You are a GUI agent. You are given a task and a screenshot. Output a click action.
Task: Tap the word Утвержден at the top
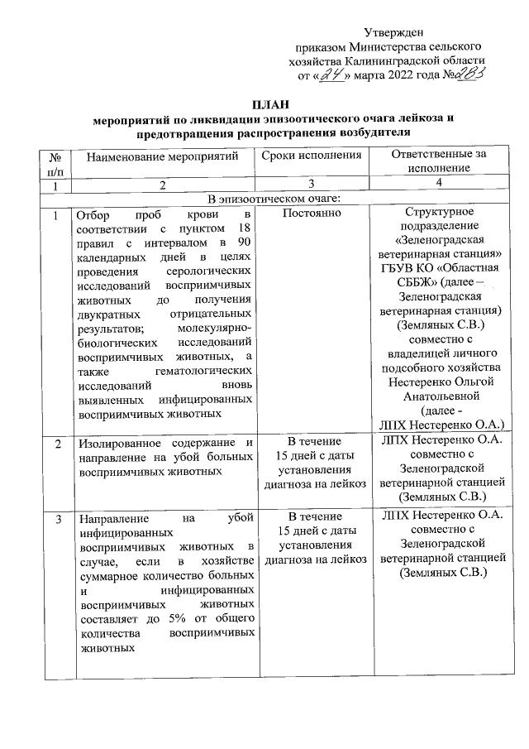click(x=389, y=31)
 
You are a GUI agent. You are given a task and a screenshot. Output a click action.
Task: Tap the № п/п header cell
click(x=55, y=161)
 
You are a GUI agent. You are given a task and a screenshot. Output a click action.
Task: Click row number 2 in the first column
click(x=55, y=444)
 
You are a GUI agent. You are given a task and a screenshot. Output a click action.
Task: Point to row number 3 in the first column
click(x=55, y=519)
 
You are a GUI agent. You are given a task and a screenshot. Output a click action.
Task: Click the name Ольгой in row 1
click(x=476, y=382)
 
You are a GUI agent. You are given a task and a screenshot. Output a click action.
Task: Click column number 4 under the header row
click(x=438, y=183)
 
